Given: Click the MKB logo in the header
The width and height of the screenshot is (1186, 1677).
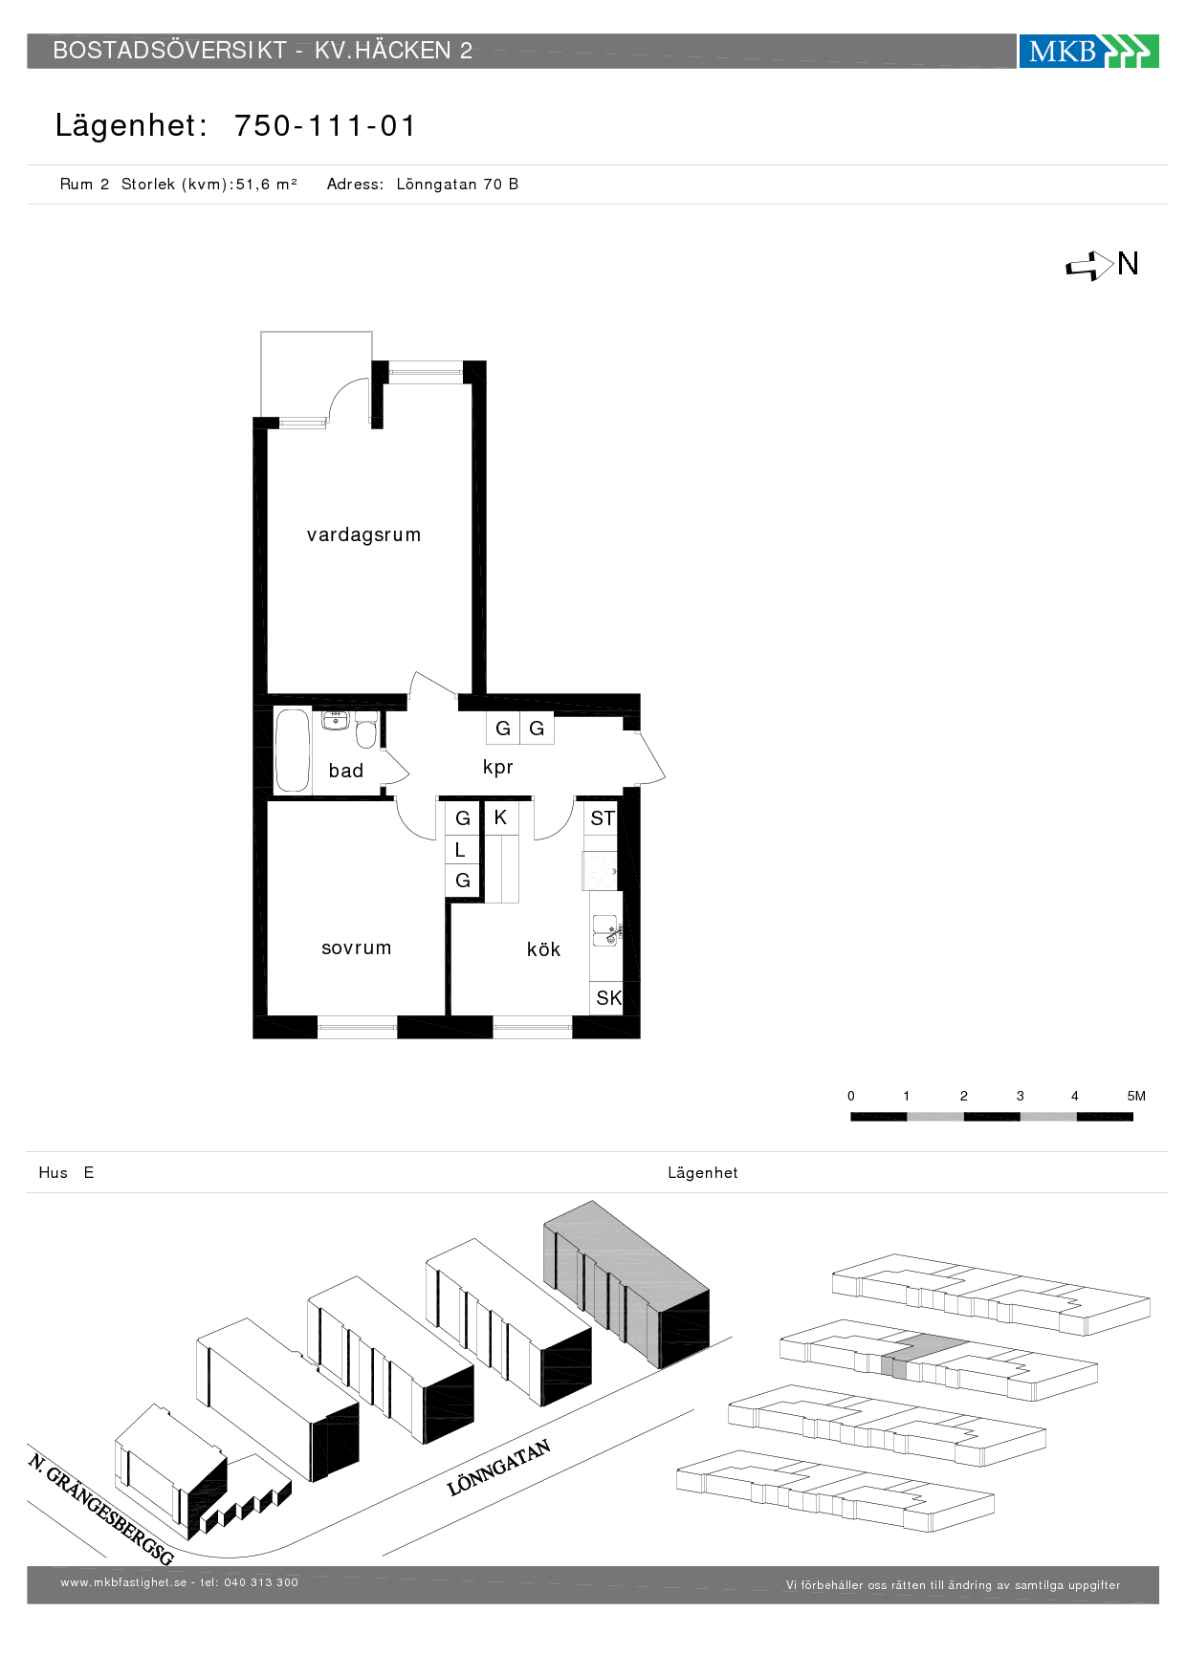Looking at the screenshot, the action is pos(1088,51).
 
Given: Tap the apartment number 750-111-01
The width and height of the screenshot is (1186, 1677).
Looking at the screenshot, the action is pos(325,126).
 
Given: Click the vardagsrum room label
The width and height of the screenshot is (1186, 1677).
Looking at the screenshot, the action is pos(363,534).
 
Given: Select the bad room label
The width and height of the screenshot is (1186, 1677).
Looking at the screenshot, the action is pos(346,771).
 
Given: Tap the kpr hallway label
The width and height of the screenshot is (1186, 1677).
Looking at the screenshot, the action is pos(498,768).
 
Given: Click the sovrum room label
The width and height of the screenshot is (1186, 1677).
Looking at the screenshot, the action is pos(357,947).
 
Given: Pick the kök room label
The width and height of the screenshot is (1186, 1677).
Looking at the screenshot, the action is pos(543,949).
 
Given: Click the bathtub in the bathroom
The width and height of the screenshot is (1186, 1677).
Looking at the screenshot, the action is pos(293,750).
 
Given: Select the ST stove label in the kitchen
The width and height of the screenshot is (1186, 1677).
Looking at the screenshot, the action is pos(603,818).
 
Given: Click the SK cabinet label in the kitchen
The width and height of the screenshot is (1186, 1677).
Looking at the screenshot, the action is pos(608,998).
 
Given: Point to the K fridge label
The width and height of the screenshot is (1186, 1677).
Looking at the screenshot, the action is pos(500,817).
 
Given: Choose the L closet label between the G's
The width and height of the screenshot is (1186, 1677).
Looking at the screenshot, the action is pos(460,850).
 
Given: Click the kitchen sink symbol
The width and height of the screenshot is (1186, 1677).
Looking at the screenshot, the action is pos(605,930).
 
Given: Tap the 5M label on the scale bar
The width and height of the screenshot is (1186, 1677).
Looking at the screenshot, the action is pos(1136,1096).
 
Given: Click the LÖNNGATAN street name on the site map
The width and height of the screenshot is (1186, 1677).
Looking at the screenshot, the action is pos(499,1468).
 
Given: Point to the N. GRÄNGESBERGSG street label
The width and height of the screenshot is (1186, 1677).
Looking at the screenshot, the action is pos(100,1509).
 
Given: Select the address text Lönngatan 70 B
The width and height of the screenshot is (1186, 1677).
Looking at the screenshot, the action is pos(457,185).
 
